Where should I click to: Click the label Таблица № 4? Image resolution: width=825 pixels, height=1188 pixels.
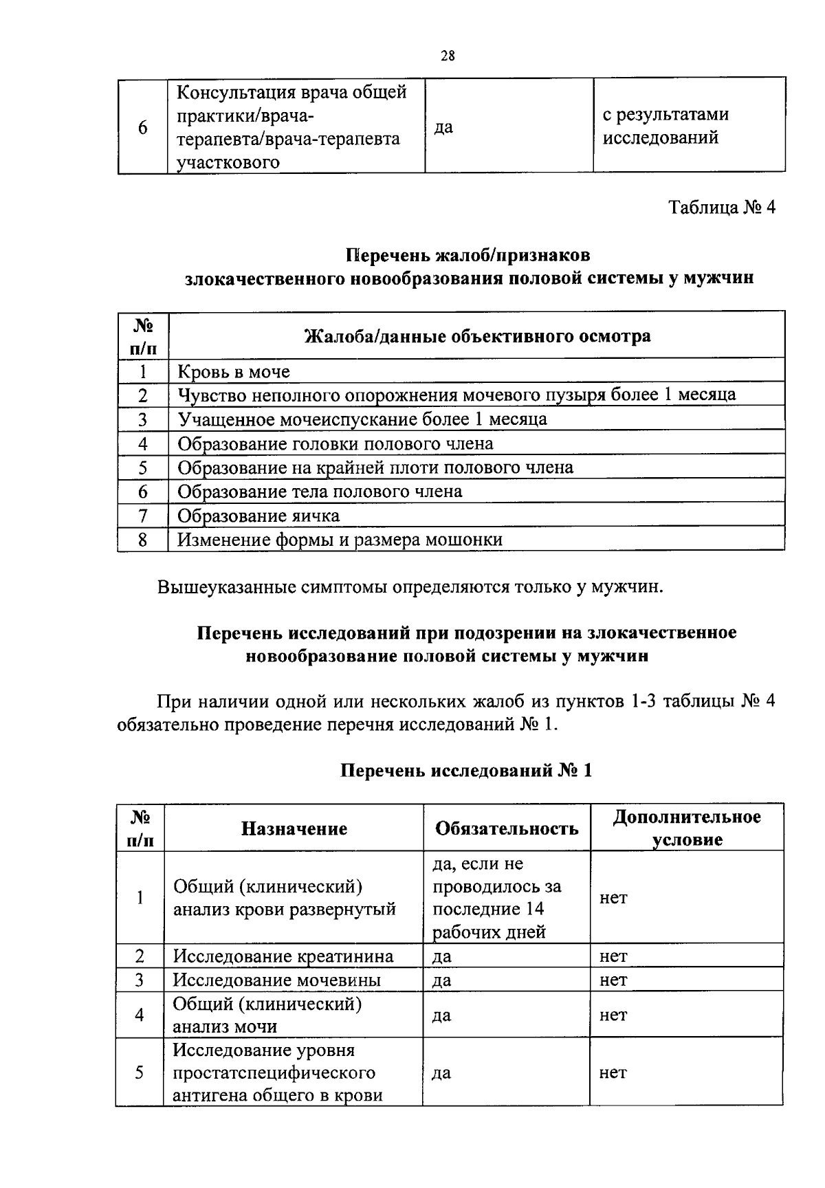[722, 208]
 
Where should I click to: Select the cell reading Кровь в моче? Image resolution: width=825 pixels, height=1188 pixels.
[234, 372]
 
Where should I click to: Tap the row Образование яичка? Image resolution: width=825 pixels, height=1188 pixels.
[258, 516]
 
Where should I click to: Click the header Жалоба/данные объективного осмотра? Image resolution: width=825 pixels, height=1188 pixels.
[477, 336]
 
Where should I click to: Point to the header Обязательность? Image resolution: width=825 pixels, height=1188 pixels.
[507, 828]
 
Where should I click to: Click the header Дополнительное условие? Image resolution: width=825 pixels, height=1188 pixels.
[687, 828]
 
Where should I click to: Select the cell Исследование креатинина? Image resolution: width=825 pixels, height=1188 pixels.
[283, 956]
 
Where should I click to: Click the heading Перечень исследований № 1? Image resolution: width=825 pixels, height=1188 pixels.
[466, 771]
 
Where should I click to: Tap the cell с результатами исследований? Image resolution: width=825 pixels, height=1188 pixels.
[665, 126]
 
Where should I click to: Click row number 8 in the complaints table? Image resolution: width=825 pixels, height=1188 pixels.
[142, 540]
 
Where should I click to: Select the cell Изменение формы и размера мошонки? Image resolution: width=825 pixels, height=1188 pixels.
[340, 540]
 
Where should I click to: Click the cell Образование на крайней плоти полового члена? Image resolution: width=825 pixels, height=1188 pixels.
[375, 467]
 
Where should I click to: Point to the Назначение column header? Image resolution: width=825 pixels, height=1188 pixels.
[294, 828]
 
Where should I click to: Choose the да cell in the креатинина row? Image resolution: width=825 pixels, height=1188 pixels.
[442, 956]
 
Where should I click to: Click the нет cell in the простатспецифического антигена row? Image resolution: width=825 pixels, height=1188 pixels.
[613, 1072]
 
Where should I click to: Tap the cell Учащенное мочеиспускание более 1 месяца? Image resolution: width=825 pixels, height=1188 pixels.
[362, 419]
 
